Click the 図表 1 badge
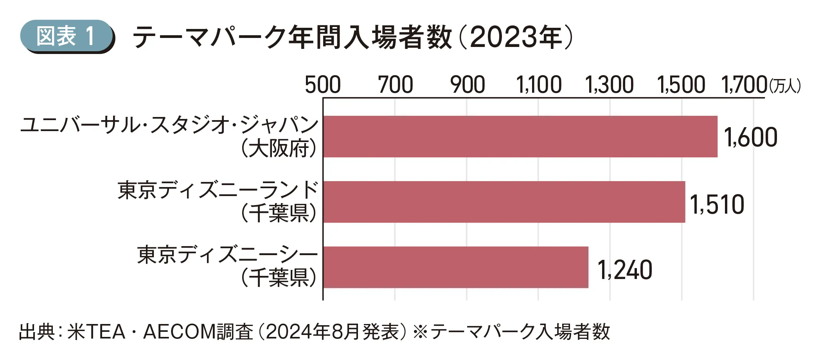click(x=67, y=36)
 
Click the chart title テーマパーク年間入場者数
click(x=291, y=37)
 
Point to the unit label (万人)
click(x=785, y=86)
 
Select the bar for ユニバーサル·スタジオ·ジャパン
click(x=520, y=137)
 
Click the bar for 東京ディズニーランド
click(x=504, y=202)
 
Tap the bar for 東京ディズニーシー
click(x=456, y=267)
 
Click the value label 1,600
click(x=750, y=137)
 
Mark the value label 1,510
click(x=717, y=205)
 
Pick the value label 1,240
click(x=625, y=270)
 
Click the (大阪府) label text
click(x=279, y=149)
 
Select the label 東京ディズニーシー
click(x=227, y=255)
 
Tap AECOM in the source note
click(x=180, y=332)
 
